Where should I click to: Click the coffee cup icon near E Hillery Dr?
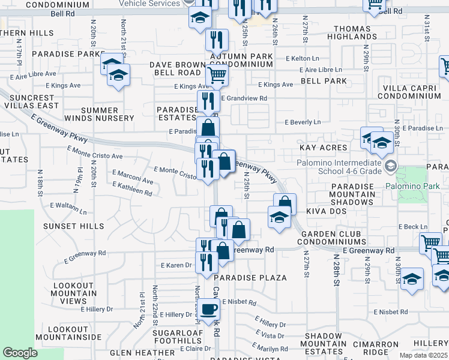click(x=208, y=310)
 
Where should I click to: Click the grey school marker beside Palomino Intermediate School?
click(x=391, y=166)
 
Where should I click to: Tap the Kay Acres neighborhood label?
click(x=323, y=148)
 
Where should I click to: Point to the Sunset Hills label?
click(x=74, y=226)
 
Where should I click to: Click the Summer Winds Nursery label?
click(x=99, y=114)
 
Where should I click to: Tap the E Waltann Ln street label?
click(x=68, y=208)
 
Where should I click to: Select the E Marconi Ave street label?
click(x=133, y=179)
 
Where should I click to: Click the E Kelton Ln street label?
click(x=303, y=58)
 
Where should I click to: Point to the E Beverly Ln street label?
click(x=303, y=122)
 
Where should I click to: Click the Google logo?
click(x=20, y=352)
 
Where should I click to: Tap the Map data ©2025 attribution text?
click(x=423, y=355)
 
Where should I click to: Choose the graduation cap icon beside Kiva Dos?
click(x=279, y=218)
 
